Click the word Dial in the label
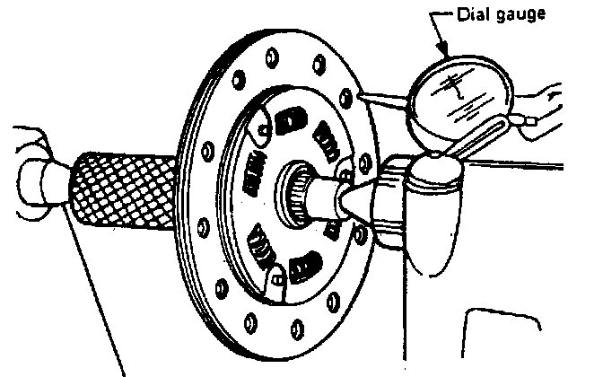[473, 14]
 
